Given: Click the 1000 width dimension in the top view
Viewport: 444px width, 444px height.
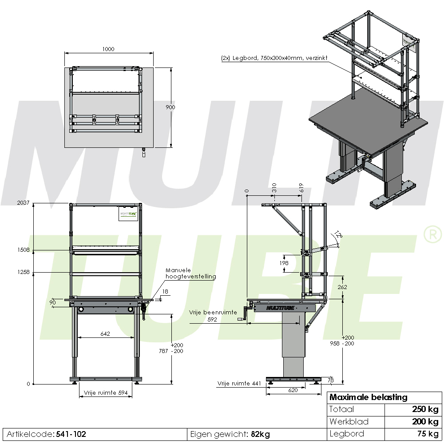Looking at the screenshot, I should [108, 49].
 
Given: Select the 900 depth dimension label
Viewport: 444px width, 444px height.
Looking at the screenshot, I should [170, 107].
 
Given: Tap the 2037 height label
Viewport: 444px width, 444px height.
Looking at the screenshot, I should [23, 203].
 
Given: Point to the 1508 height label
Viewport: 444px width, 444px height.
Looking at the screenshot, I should [23, 250].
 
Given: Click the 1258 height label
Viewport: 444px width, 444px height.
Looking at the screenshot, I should [23, 272].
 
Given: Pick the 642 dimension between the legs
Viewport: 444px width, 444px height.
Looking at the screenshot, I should [105, 333].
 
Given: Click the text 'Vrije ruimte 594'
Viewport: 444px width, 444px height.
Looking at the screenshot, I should [106, 392].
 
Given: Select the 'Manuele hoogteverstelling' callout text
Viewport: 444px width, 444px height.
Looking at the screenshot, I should [190, 273].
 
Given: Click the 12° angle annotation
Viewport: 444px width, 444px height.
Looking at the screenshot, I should [339, 234].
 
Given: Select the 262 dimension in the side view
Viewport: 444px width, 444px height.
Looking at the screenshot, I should [342, 287].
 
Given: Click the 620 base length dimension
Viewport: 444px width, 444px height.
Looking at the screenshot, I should [293, 390].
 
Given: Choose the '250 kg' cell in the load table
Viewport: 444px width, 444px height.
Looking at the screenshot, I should [424, 409].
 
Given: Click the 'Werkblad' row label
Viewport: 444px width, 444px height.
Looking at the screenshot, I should [349, 421].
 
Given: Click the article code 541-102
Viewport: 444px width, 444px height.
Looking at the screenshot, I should [71, 434].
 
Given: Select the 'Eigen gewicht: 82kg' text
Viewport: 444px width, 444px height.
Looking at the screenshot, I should [230, 434].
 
